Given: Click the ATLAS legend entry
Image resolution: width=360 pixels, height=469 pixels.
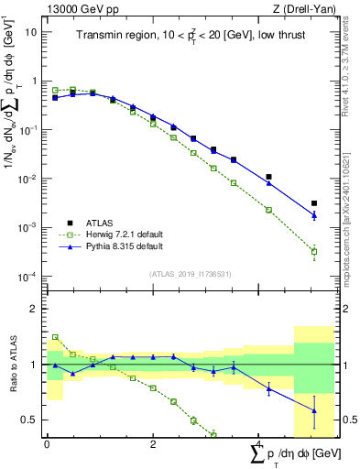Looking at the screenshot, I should click(99, 224).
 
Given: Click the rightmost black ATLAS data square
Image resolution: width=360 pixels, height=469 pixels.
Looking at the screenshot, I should click(314, 203).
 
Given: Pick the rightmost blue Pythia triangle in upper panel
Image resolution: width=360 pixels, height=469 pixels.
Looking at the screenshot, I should click(314, 216).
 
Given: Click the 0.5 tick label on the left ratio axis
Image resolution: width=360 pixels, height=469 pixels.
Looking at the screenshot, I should click(31, 420).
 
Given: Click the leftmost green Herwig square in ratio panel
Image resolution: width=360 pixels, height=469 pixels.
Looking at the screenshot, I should click(55, 337).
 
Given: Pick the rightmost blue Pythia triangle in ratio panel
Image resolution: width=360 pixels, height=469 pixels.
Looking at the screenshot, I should click(314, 410).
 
